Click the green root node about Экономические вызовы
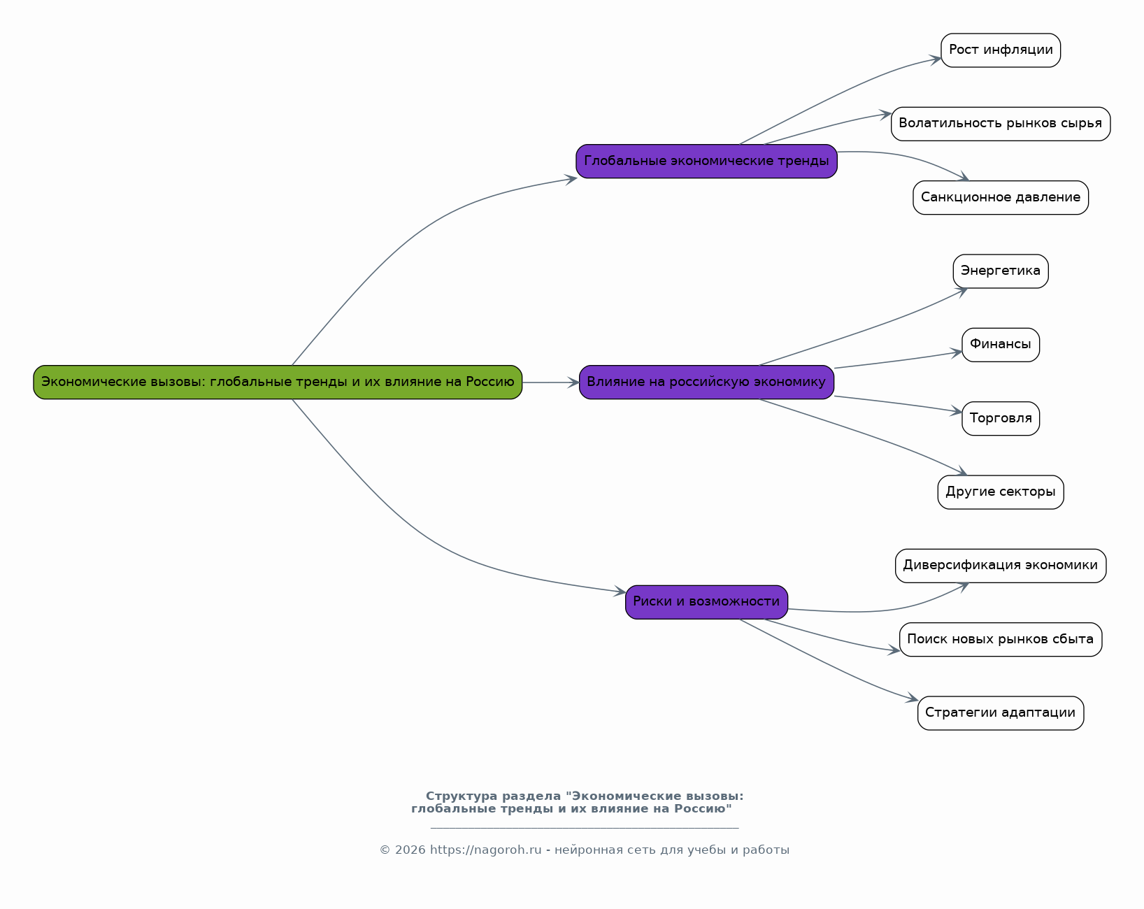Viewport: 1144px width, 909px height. click(x=278, y=382)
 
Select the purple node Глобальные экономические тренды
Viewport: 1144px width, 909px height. click(x=706, y=161)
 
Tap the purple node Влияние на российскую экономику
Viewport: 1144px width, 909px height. click(x=706, y=382)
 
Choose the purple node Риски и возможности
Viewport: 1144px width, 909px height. click(x=706, y=601)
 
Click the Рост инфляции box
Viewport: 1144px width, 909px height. click(x=1001, y=50)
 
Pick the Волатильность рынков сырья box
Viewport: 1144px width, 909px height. click(x=1000, y=124)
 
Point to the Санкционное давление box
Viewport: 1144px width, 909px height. click(x=1000, y=197)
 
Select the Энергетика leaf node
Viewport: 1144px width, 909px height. click(x=1000, y=271)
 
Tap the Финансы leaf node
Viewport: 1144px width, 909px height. click(x=1000, y=345)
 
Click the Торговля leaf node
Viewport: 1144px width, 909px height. click(x=1000, y=418)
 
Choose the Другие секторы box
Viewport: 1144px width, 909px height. click(x=1000, y=492)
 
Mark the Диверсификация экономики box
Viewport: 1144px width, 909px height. click(x=1000, y=566)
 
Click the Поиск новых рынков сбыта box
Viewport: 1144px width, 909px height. click(x=1000, y=639)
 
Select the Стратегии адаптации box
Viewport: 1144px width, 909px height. click(x=1000, y=713)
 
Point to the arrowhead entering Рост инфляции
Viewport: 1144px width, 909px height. click(x=936, y=59)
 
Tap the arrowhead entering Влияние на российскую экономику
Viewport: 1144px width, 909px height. click(x=574, y=382)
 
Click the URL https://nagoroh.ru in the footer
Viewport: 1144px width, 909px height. click(x=485, y=850)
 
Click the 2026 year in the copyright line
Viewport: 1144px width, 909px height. click(x=410, y=850)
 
